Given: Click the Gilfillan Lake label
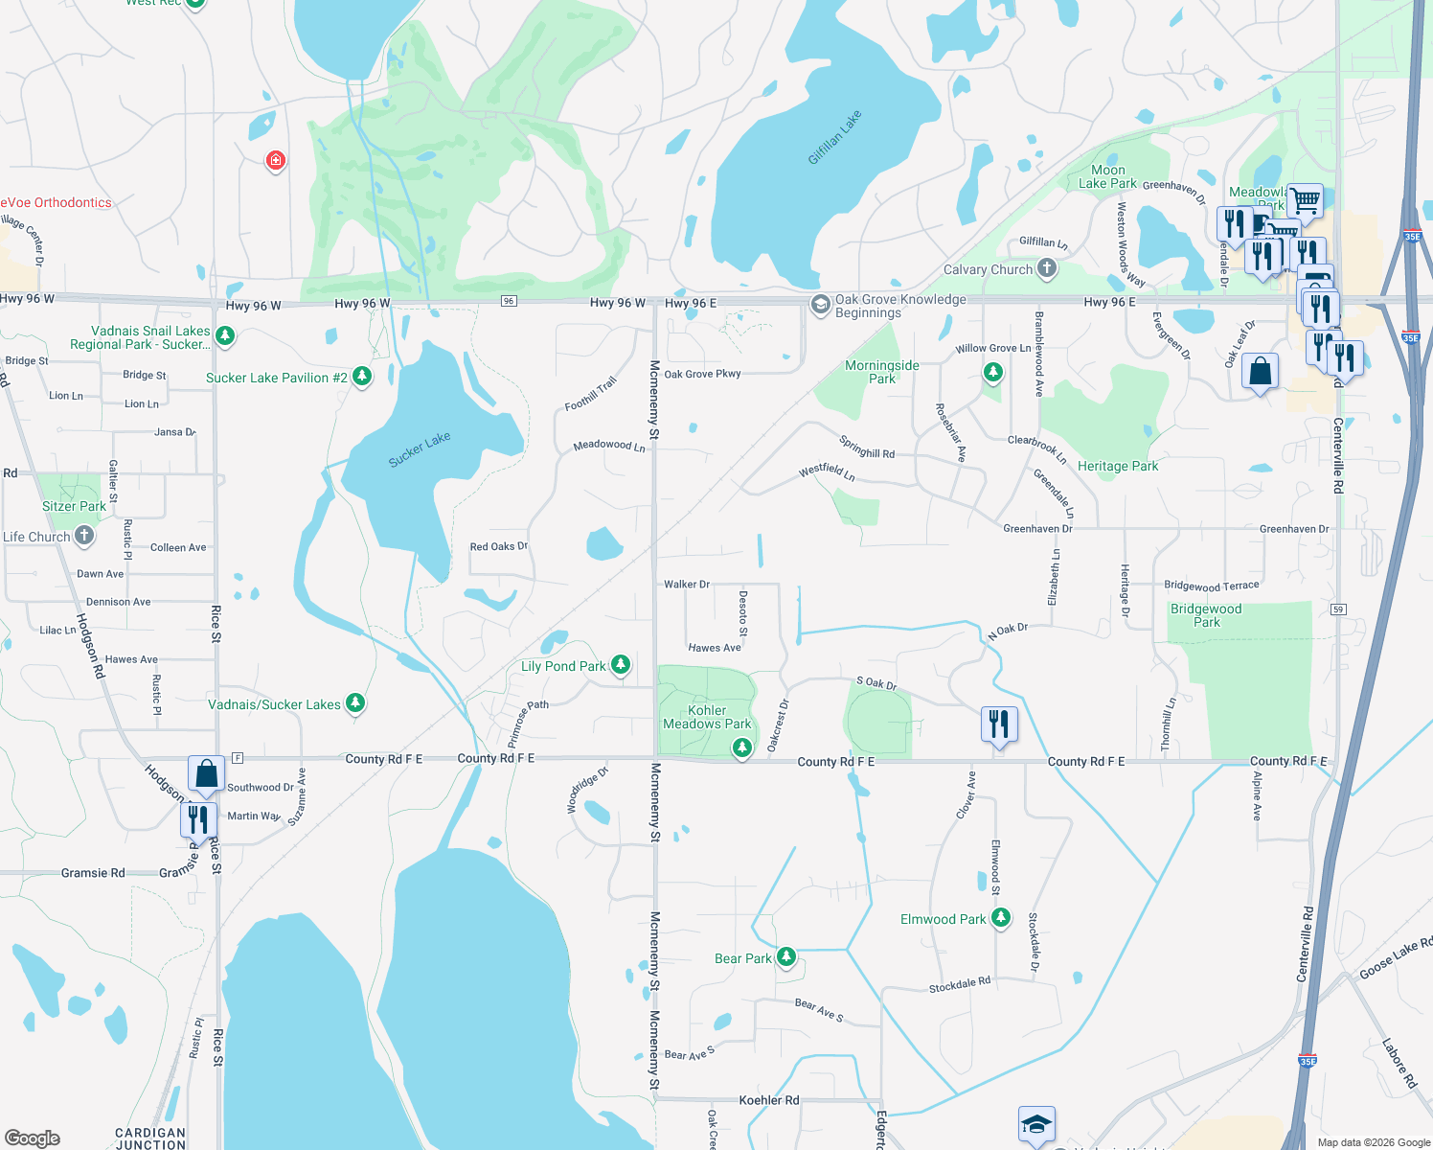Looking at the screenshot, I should pyautogui.click(x=834, y=137).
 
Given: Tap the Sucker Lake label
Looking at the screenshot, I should pyautogui.click(x=420, y=448).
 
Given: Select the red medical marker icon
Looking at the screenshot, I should pyautogui.click(x=276, y=160).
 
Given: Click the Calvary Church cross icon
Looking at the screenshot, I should pyautogui.click(x=1047, y=268).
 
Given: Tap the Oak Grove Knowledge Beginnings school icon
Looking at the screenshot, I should pyautogui.click(x=820, y=305).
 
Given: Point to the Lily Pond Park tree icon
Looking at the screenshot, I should pyautogui.click(x=621, y=664).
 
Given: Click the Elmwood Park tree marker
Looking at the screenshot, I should pyautogui.click(x=1001, y=918).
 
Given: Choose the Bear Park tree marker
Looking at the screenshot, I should pyautogui.click(x=786, y=956).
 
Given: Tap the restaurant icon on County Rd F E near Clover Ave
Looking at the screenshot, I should pyautogui.click(x=999, y=724).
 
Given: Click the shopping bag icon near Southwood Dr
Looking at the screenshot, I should pyautogui.click(x=206, y=772).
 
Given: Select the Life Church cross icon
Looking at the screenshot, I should pyautogui.click(x=84, y=536).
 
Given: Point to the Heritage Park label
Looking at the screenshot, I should pyautogui.click(x=1118, y=467).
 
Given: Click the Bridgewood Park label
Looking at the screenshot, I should pyautogui.click(x=1206, y=615).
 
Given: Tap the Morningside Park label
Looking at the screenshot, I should pyautogui.click(x=882, y=372).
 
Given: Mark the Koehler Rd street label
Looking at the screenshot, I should pyautogui.click(x=769, y=1100).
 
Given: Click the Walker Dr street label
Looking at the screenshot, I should pyautogui.click(x=687, y=585).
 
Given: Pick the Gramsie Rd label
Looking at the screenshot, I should pyautogui.click(x=93, y=873).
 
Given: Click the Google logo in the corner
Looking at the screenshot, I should pyautogui.click(x=33, y=1138).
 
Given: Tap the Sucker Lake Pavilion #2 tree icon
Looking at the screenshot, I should pyautogui.click(x=362, y=377).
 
